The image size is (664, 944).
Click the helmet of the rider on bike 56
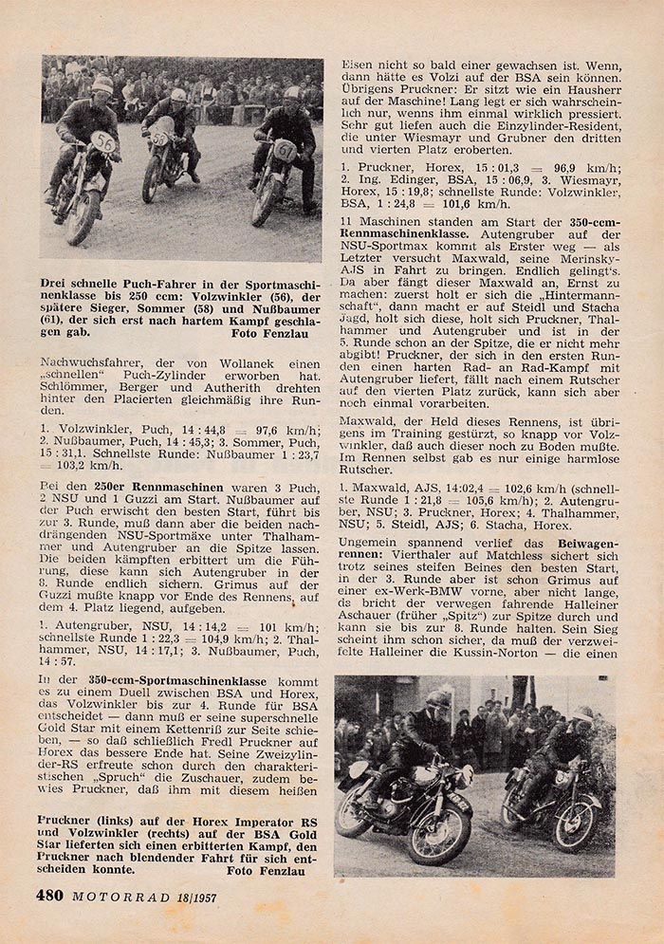[x=101, y=86]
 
